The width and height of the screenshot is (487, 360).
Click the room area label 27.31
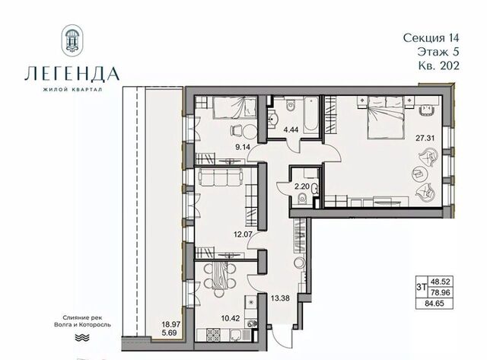click(x=425, y=139)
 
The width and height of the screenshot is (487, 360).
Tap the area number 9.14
click(x=243, y=147)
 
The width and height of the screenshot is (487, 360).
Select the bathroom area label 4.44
click(x=291, y=129)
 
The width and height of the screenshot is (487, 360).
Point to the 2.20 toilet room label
click(x=302, y=186)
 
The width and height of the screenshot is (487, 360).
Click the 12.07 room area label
click(x=243, y=233)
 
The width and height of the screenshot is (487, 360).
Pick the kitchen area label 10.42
click(x=230, y=317)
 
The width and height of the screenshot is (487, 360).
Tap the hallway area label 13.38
click(x=280, y=298)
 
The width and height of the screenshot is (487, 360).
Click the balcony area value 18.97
click(x=170, y=324)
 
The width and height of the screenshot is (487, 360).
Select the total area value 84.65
click(x=434, y=303)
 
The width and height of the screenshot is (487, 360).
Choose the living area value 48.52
click(x=441, y=282)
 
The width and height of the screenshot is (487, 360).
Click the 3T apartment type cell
click(x=422, y=288)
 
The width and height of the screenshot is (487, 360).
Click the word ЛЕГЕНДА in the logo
click(x=72, y=74)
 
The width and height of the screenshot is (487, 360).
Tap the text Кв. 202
click(x=438, y=65)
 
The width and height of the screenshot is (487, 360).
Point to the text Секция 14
click(x=431, y=38)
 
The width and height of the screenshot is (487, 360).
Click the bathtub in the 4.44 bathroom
click(x=311, y=114)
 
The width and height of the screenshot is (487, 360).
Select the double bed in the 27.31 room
click(x=386, y=117)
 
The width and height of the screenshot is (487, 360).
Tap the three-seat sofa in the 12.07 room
click(x=220, y=177)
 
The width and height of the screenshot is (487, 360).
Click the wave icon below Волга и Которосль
click(x=83, y=338)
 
